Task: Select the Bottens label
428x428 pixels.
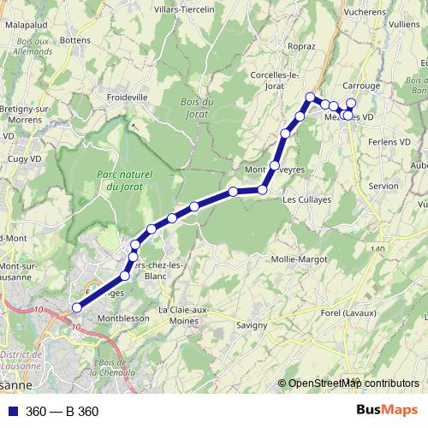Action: [x=75, y=39]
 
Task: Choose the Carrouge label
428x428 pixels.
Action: [x=360, y=86]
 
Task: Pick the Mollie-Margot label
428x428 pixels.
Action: [x=294, y=259]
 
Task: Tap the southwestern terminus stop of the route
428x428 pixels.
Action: [x=77, y=307]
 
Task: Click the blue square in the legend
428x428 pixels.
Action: [x=14, y=412]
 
